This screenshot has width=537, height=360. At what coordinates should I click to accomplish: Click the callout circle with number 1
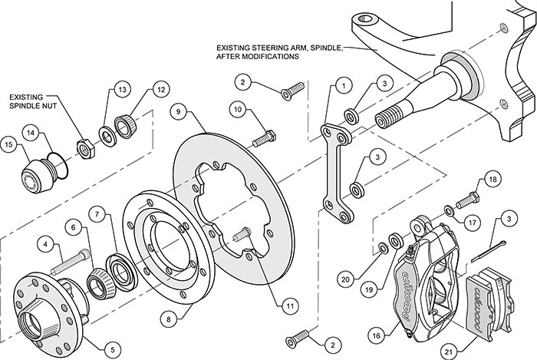(x=344, y=86)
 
